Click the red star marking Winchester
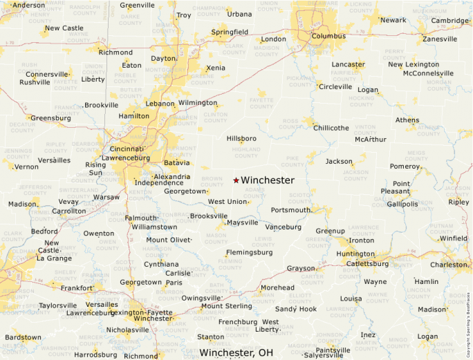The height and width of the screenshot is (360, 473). click(236, 180)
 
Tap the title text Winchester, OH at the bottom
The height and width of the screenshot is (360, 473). click(236, 352)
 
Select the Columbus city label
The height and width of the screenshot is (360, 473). click(328, 36)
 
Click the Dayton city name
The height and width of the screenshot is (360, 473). click(163, 59)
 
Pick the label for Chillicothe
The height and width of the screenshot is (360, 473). click(331, 128)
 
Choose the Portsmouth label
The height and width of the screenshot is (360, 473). click(290, 210)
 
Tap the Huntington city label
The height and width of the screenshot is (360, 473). click(355, 254)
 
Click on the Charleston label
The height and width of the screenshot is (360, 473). click(448, 265)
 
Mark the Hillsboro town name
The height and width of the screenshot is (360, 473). click(241, 138)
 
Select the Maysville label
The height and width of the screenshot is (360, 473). click(243, 222)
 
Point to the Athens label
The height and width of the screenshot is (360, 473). click(407, 120)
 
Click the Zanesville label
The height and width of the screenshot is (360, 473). click(440, 39)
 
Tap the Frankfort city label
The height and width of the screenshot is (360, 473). click(76, 288)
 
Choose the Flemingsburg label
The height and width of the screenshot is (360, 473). click(248, 252)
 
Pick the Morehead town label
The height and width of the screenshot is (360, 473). click(277, 287)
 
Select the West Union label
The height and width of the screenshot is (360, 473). click(227, 202)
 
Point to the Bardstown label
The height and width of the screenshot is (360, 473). click(23, 337)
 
